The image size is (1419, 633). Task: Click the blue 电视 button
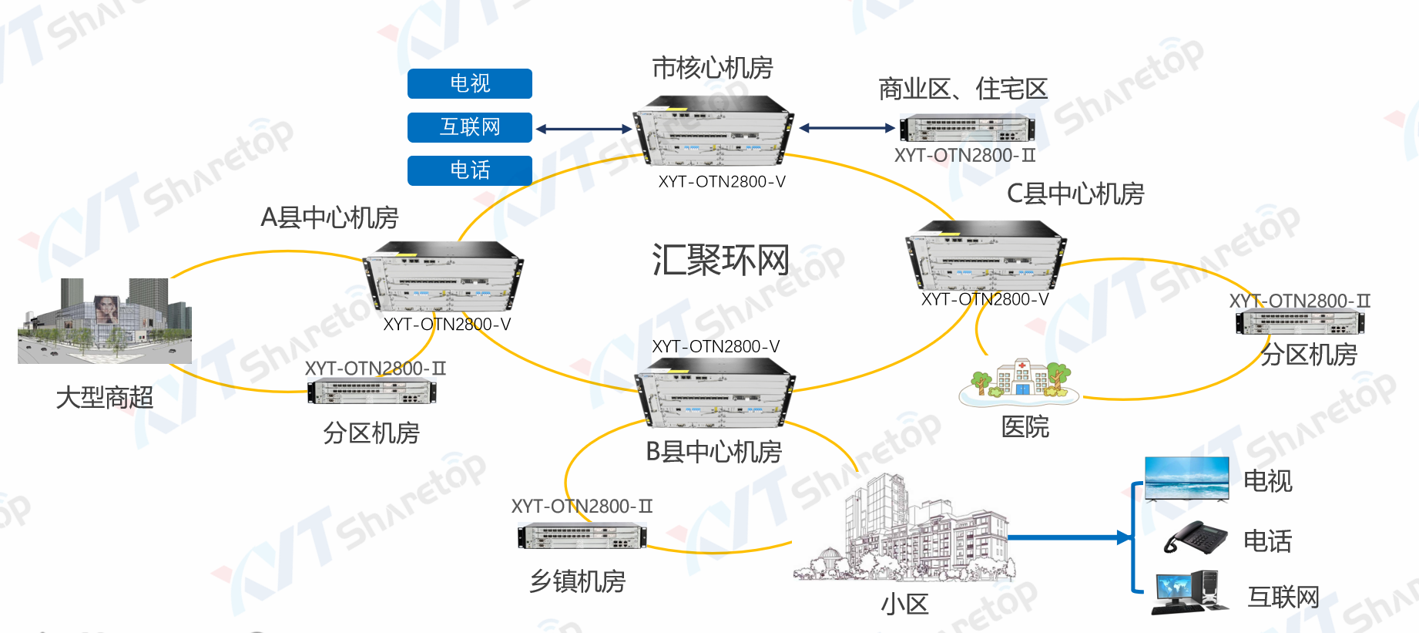click(x=469, y=83)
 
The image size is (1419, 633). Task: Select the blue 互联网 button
click(x=469, y=127)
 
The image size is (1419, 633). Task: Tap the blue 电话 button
click(x=469, y=170)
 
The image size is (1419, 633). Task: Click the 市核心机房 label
click(x=712, y=69)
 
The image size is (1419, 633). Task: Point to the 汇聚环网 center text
click(x=720, y=260)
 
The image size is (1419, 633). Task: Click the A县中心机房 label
click(x=329, y=218)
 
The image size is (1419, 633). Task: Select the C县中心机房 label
click(x=1075, y=194)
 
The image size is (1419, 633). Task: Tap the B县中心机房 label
click(x=713, y=452)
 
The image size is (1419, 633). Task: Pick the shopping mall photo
click(x=105, y=321)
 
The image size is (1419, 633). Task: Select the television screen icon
click(x=1186, y=479)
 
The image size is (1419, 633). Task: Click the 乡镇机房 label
click(x=577, y=581)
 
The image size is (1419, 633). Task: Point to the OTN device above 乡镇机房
click(x=582, y=536)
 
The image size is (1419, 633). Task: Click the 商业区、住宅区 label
click(x=963, y=89)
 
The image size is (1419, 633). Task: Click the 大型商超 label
click(x=105, y=398)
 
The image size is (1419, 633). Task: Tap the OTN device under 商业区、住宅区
click(x=967, y=129)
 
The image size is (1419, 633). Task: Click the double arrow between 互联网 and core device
click(x=583, y=129)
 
